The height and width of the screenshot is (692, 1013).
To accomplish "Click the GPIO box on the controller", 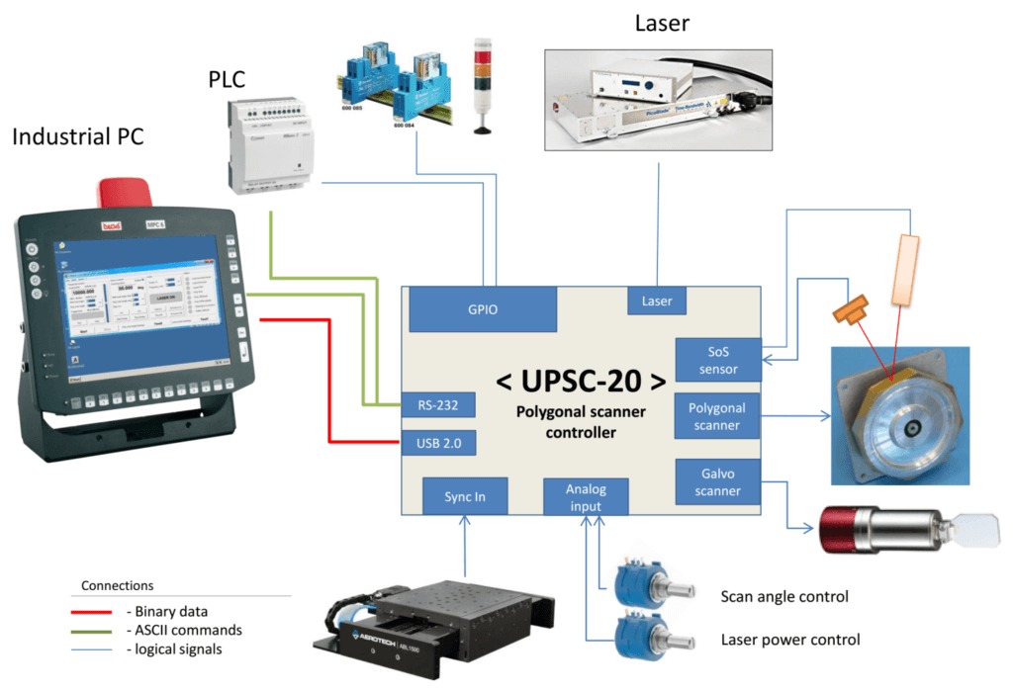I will (483, 309).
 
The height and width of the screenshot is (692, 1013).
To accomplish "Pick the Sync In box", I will (465, 496).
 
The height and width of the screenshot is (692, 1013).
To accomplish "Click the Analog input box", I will (586, 497).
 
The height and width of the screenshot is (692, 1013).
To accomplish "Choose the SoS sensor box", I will (718, 360).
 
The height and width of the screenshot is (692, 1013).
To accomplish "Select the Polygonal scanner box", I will (719, 416).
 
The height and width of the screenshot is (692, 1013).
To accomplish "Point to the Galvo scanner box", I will (718, 481).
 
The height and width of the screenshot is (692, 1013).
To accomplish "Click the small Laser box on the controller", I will (657, 301).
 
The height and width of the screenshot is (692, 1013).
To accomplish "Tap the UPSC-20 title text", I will (580, 379).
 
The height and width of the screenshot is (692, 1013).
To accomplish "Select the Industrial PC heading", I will (77, 136).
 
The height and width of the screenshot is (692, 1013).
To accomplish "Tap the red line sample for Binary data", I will (93, 610).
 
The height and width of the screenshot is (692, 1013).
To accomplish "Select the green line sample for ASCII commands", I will (93, 630).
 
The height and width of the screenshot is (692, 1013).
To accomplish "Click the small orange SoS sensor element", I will (851, 309).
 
